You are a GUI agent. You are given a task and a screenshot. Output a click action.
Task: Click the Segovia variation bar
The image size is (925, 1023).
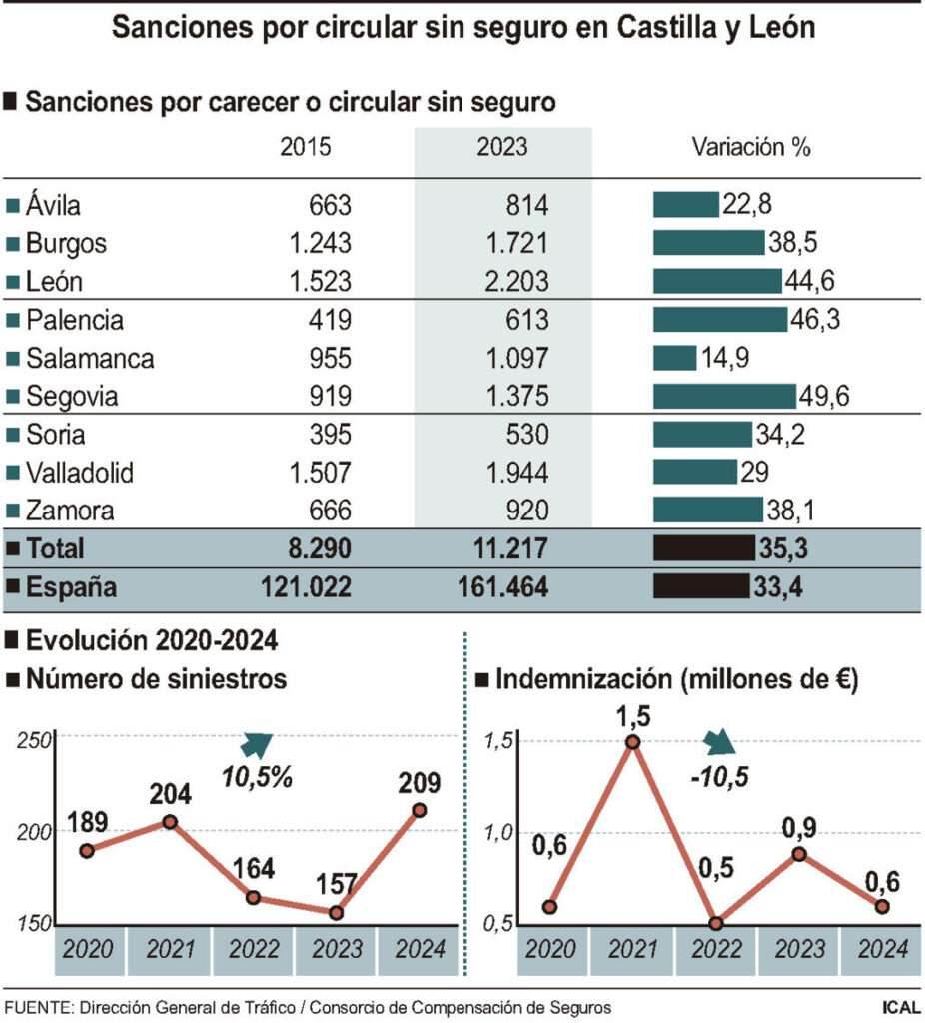(x=724, y=396)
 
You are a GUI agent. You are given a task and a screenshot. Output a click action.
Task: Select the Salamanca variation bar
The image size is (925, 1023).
(x=674, y=358)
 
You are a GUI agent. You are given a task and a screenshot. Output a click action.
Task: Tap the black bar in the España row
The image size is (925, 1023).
(x=700, y=586)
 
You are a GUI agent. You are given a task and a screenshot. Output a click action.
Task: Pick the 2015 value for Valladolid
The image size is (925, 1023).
(x=315, y=473)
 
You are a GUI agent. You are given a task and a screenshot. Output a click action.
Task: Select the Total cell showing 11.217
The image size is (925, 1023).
(x=504, y=548)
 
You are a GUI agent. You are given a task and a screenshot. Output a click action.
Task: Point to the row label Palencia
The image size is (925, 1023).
(x=75, y=320)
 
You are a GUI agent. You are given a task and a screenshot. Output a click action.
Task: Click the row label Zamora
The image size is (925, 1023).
(x=70, y=511)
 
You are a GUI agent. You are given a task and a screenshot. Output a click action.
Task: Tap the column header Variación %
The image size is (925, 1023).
(x=750, y=148)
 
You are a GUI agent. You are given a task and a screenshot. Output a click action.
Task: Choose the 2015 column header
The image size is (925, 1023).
(x=305, y=148)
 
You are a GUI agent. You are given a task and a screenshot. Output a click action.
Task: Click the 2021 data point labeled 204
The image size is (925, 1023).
(x=170, y=822)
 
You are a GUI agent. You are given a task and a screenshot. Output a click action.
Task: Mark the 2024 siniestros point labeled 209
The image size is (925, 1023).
(x=420, y=810)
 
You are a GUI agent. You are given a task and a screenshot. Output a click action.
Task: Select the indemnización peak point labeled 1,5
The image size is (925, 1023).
(x=632, y=742)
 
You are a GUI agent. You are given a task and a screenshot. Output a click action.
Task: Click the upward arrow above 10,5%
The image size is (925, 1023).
(x=258, y=744)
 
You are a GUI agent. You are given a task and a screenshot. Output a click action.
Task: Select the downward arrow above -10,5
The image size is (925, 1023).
(x=718, y=742)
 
